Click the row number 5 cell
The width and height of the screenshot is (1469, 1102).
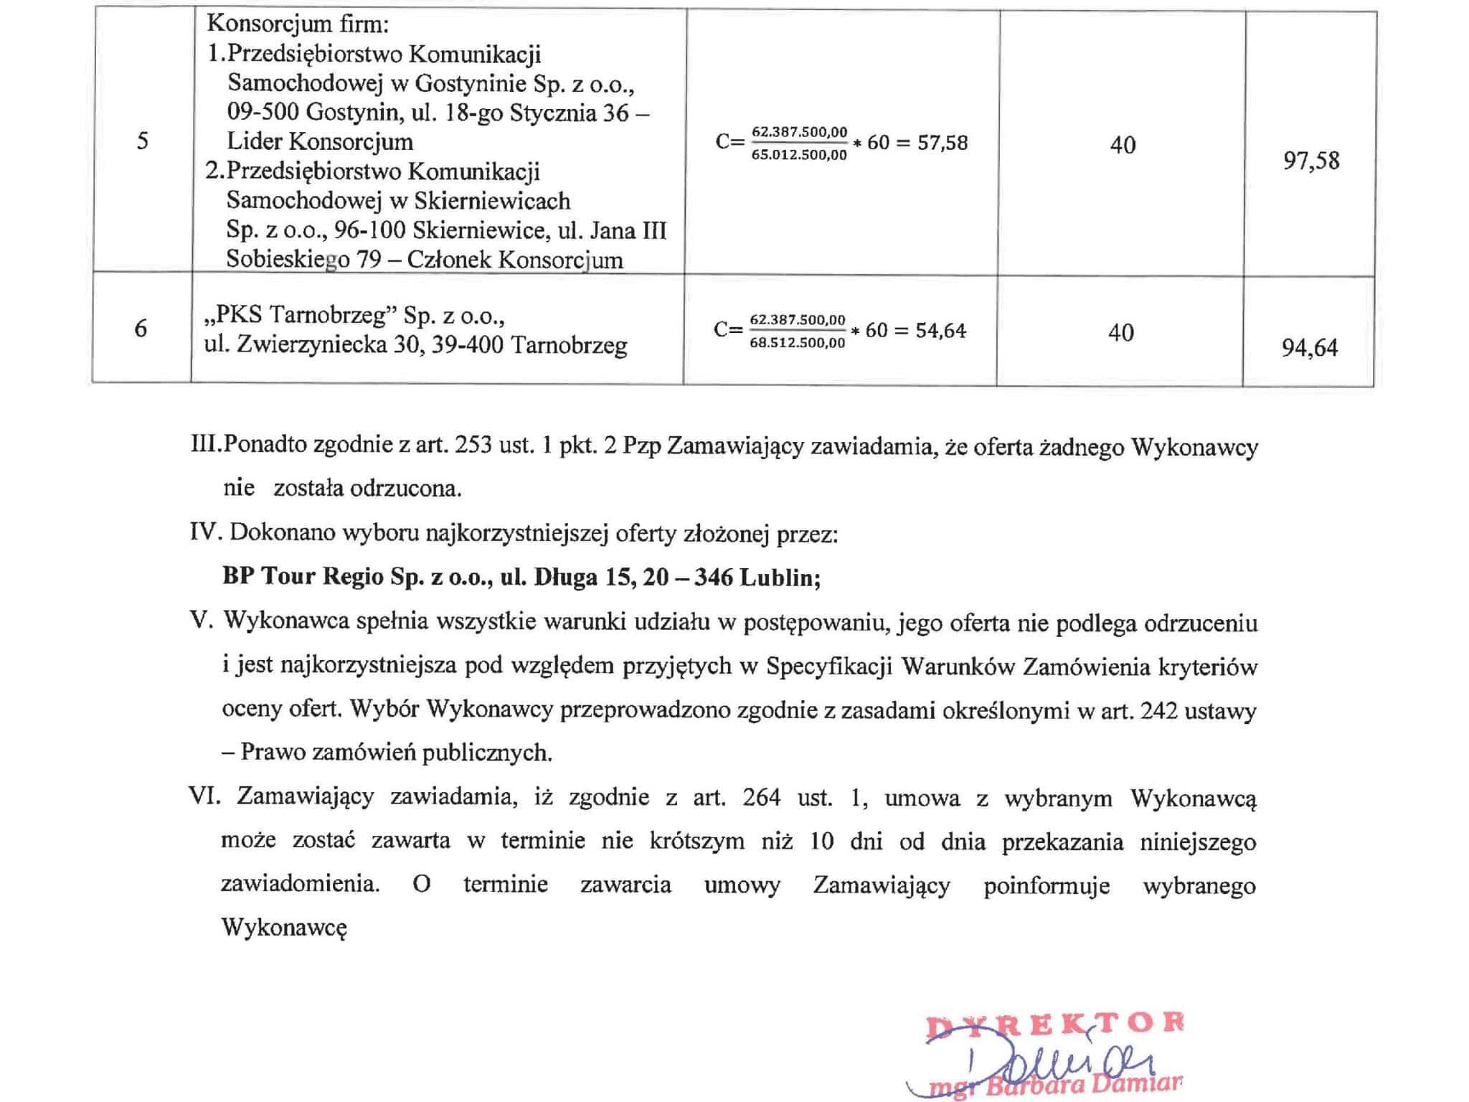pos(142,141)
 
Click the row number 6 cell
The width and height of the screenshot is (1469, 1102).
pos(141,329)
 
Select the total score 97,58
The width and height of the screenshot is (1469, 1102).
pos(1310,160)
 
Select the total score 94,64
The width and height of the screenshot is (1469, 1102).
pos(1309,348)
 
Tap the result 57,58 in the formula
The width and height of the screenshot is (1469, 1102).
pos(943,143)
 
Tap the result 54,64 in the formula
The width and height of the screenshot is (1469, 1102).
pos(941,331)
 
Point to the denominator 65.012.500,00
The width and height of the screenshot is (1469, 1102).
pos(799,154)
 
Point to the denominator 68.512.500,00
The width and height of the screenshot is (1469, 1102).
pos(798,342)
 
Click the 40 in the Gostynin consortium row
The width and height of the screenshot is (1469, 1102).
pos(1123,145)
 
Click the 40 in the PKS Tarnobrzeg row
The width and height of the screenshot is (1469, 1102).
pos(1120,333)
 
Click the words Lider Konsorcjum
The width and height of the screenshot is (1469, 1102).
pos(320,141)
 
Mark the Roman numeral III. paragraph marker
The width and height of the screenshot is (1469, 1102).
pos(207,446)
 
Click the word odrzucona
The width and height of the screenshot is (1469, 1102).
pos(405,489)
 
